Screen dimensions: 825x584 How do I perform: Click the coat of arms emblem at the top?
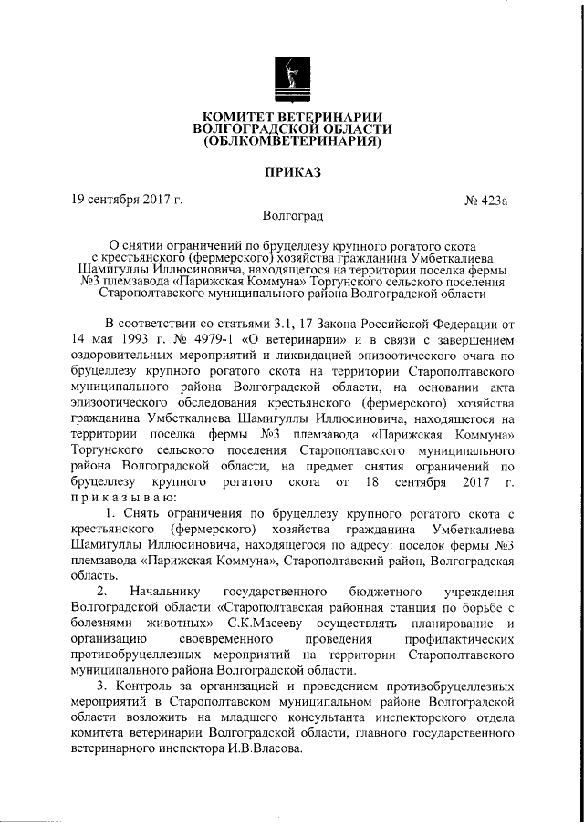click(x=291, y=81)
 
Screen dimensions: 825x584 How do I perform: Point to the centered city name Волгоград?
click(x=291, y=217)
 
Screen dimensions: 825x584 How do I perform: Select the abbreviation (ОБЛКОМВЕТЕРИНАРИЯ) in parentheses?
click(x=291, y=143)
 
